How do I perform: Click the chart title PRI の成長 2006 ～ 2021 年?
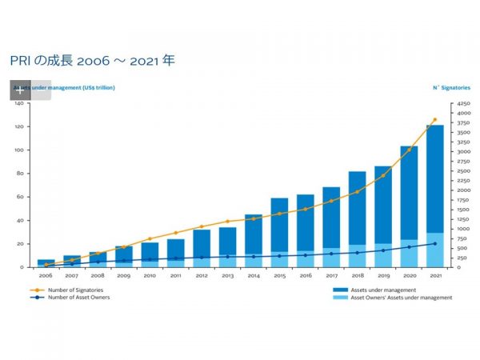[92, 61]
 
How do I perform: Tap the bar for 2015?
[279, 232]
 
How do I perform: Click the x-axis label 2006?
[46, 275]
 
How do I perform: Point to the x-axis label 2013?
[227, 275]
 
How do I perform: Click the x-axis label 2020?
[409, 275]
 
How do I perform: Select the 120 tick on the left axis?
[22, 126]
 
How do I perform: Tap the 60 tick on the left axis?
[24, 197]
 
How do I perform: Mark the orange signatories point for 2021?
[434, 120]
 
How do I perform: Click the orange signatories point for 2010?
[150, 239]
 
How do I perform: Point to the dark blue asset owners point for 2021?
[434, 243]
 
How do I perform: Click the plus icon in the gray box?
[20, 90]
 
